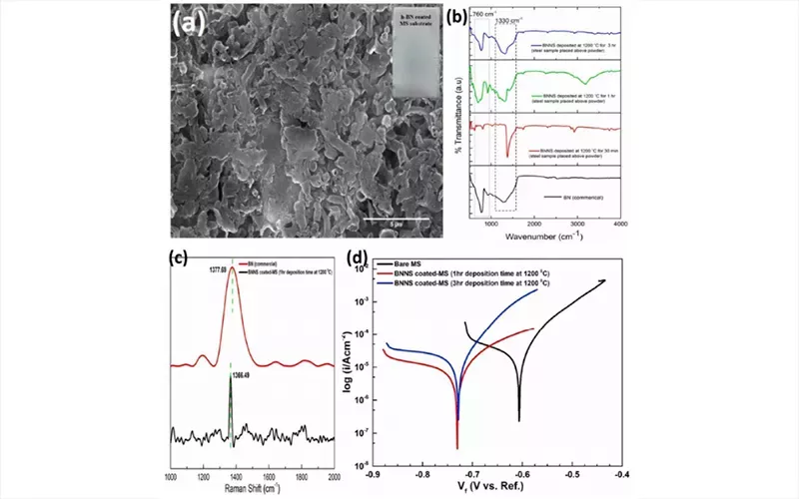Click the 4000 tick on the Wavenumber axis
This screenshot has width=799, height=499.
(620, 225)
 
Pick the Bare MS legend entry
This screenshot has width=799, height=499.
(412, 262)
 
